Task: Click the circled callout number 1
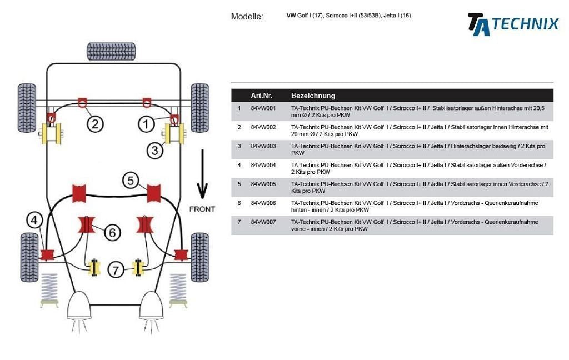pyautogui.click(x=146, y=124)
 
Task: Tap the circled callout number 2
pyautogui.click(x=94, y=124)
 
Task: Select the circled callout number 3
pyautogui.click(x=154, y=150)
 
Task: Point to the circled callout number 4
pyautogui.click(x=34, y=221)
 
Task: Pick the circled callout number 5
pyautogui.click(x=131, y=180)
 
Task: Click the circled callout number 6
pyautogui.click(x=112, y=232)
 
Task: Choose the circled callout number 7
pyautogui.click(x=116, y=270)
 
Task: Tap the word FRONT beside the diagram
pyautogui.click(x=202, y=209)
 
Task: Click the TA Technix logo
pyautogui.click(x=512, y=24)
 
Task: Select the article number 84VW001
pyautogui.click(x=263, y=108)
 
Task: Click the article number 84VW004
pyautogui.click(x=263, y=165)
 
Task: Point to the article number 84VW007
pyautogui.click(x=263, y=222)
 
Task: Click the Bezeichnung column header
pyautogui.click(x=313, y=96)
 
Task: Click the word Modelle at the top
pyautogui.click(x=247, y=17)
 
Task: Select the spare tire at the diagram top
pyautogui.click(x=111, y=52)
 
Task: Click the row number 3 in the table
pyautogui.click(x=239, y=146)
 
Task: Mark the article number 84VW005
pyautogui.click(x=263, y=184)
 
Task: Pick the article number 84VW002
pyautogui.click(x=263, y=127)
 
